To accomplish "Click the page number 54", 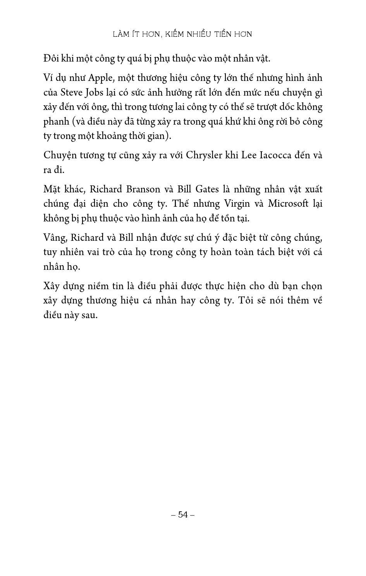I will pos(183,514).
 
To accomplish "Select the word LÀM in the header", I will pos(120,34).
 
